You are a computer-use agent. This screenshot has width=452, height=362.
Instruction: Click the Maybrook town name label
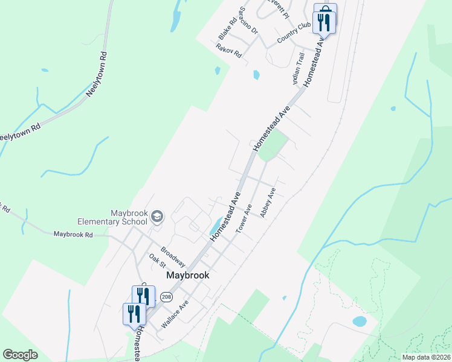187,275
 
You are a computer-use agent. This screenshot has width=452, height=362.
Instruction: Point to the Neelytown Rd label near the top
97,74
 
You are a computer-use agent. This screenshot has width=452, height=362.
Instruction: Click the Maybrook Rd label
73,234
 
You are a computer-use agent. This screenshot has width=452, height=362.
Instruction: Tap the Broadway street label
173,256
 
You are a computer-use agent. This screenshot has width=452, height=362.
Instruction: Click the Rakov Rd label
229,50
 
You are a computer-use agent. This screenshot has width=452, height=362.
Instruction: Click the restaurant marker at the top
324,21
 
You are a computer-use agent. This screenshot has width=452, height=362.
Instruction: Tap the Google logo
21,355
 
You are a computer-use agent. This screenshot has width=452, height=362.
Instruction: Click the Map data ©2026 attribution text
426,357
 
